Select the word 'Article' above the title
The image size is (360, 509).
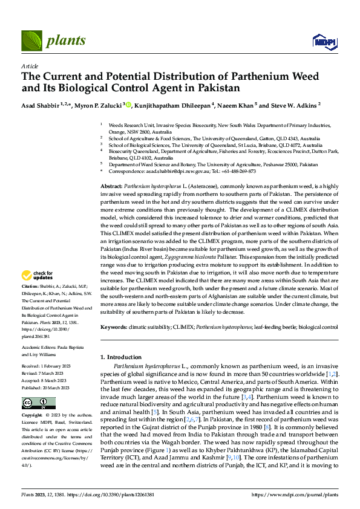point(30,66)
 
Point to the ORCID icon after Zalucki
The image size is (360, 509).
point(128,104)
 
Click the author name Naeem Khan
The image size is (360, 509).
point(238,105)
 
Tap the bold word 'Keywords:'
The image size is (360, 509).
point(114,327)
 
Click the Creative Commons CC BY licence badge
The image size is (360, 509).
point(39,403)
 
